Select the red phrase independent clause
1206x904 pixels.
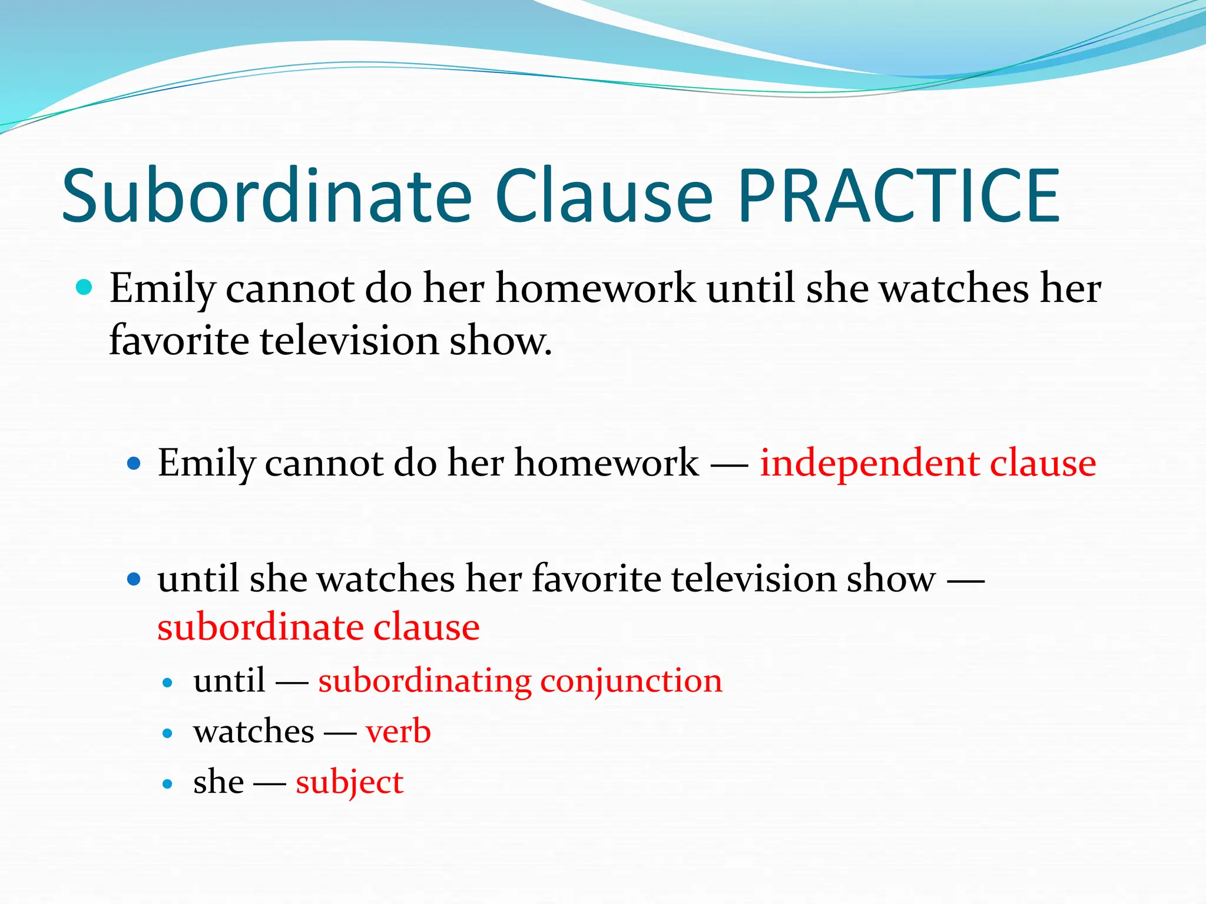(927, 463)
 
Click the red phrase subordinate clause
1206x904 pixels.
(319, 627)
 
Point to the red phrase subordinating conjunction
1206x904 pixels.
(520, 682)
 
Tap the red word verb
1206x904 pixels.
(398, 732)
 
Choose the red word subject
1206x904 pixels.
(349, 783)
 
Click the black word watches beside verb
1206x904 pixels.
(254, 732)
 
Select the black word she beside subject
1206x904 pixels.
(218, 783)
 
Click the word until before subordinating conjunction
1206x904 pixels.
(229, 682)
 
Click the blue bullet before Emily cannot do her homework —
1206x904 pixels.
(134, 464)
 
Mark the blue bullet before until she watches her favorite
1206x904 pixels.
(134, 579)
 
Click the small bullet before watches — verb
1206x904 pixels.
(168, 734)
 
